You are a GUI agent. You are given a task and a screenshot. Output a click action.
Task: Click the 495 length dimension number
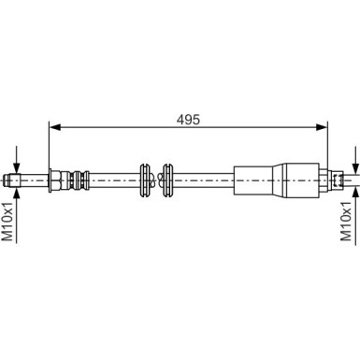point(188,120)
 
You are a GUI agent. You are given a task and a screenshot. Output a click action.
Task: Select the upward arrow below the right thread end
point(354,194)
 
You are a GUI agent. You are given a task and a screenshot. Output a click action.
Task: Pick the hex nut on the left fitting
point(57,178)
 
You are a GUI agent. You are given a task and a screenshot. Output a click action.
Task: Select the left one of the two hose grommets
point(146,178)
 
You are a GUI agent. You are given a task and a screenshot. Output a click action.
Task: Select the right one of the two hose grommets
point(168,178)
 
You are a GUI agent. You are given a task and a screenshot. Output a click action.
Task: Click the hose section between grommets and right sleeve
point(206,178)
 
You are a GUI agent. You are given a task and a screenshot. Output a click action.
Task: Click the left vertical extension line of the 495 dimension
point(48,150)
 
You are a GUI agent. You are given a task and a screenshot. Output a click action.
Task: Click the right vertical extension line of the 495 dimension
point(329,150)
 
